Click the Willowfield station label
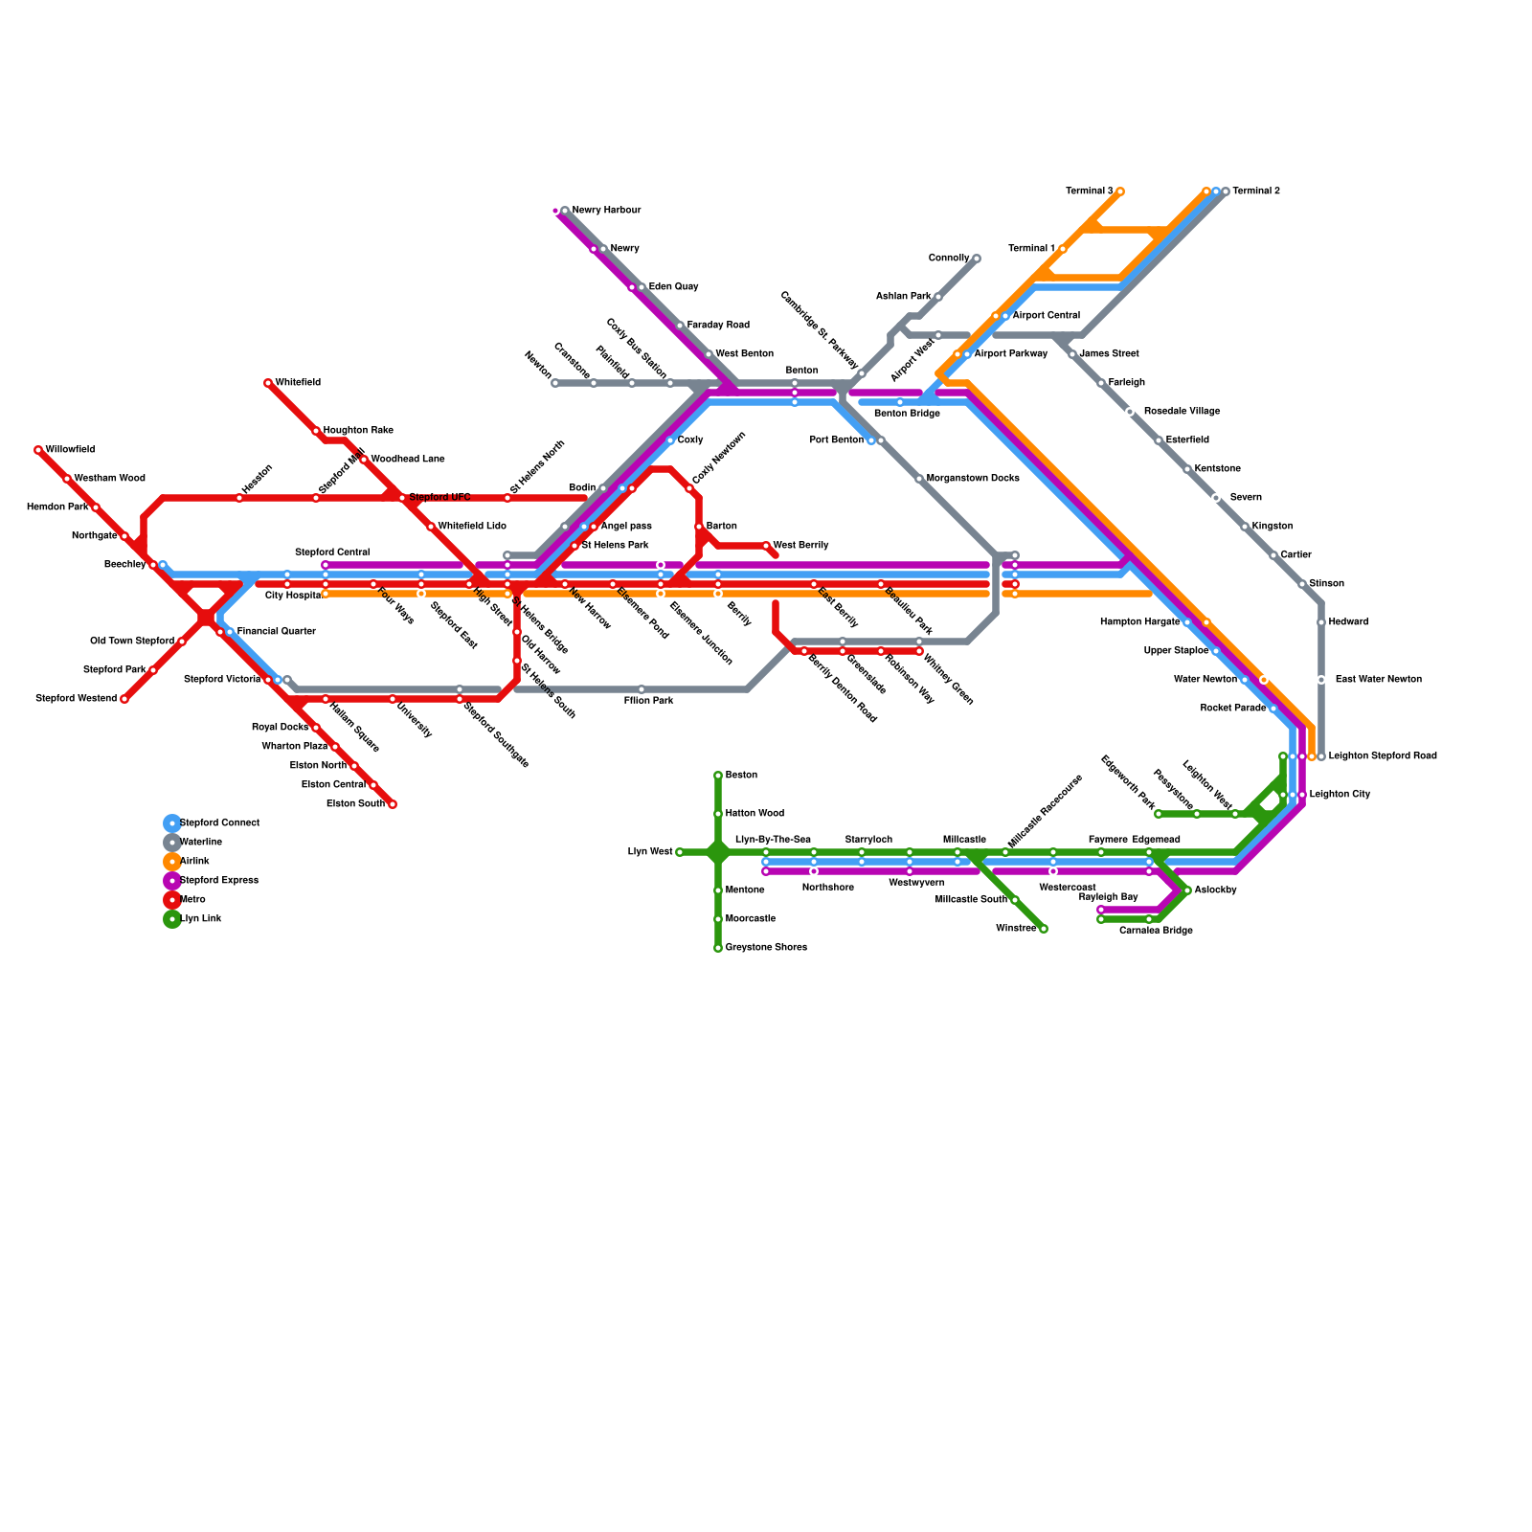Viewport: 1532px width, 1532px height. [x=70, y=450]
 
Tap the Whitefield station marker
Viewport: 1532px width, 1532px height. [x=268, y=383]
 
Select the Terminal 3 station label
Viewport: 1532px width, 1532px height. [x=1090, y=191]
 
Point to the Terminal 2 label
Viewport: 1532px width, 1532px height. [x=1256, y=191]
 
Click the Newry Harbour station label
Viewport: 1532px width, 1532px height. [x=606, y=211]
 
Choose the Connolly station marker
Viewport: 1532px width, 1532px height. [x=977, y=259]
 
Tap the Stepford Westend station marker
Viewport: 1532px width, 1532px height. [x=124, y=699]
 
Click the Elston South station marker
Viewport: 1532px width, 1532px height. [x=393, y=804]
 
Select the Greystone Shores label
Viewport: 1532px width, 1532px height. [x=766, y=948]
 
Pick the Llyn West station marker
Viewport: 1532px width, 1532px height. [x=680, y=852]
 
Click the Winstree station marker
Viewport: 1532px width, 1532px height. [x=1044, y=929]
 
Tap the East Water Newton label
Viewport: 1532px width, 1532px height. [x=1379, y=680]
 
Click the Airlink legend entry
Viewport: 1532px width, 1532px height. [x=194, y=862]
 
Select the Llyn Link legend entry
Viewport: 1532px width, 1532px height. [x=200, y=919]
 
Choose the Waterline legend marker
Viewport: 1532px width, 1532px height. [x=172, y=843]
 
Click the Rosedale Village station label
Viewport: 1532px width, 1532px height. [x=1182, y=412]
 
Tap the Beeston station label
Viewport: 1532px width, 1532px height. [x=741, y=776]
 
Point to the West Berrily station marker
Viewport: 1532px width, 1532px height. [x=766, y=546]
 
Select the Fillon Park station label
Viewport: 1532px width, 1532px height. [x=648, y=701]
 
